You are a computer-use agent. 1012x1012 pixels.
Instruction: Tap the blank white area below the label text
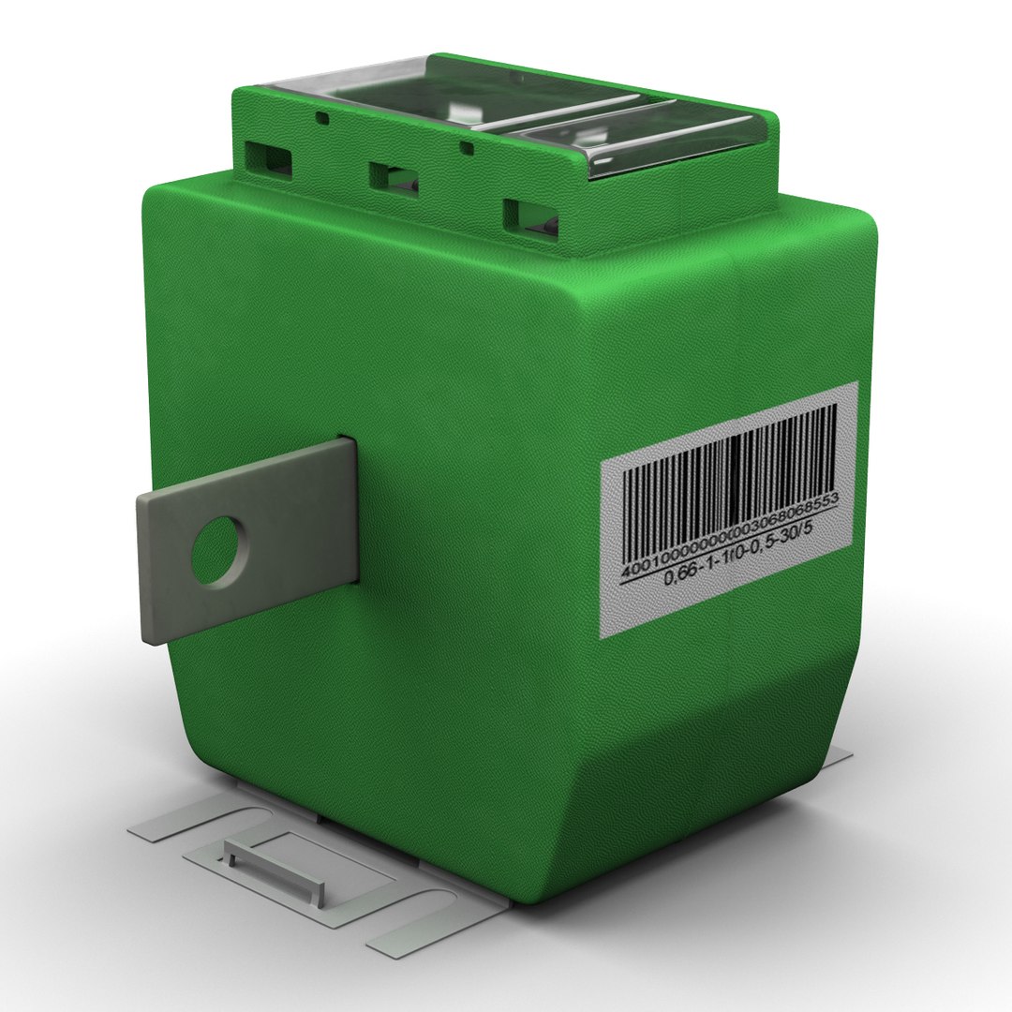pyautogui.click(x=731, y=600)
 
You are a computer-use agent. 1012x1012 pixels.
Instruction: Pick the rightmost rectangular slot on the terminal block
pyautogui.click(x=531, y=217)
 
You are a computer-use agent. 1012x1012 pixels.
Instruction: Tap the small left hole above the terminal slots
pyautogui.click(x=321, y=119)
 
